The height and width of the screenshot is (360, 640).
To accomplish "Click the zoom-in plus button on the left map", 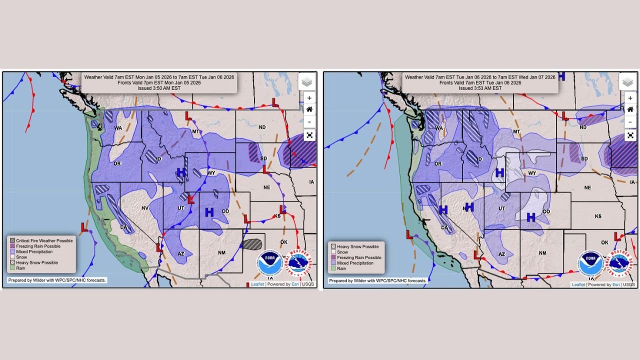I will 309,98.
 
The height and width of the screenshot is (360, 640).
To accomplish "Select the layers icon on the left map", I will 307,82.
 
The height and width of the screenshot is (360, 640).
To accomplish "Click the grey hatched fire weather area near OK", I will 252,244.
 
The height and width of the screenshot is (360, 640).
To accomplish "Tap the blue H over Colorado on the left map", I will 209,212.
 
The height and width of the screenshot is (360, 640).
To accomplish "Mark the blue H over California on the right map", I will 443,210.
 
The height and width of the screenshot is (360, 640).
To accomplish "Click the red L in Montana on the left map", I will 188,116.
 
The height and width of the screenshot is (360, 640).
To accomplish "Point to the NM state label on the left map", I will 221,252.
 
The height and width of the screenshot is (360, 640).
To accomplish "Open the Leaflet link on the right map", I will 578,284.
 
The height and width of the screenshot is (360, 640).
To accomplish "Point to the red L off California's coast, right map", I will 409,234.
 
